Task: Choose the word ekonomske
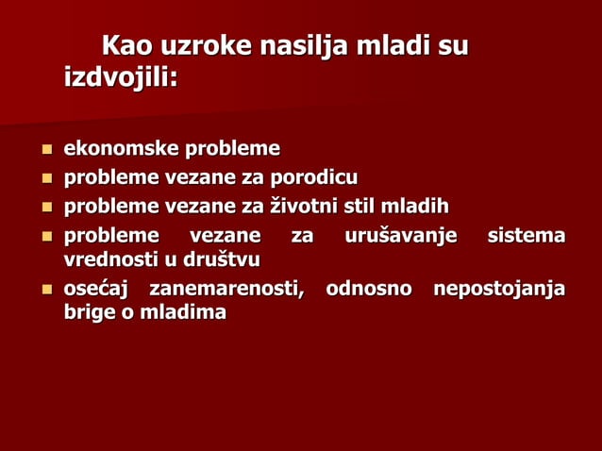(121, 149)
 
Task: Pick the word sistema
(526, 235)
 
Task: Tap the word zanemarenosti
(226, 289)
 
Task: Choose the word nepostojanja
(499, 289)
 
